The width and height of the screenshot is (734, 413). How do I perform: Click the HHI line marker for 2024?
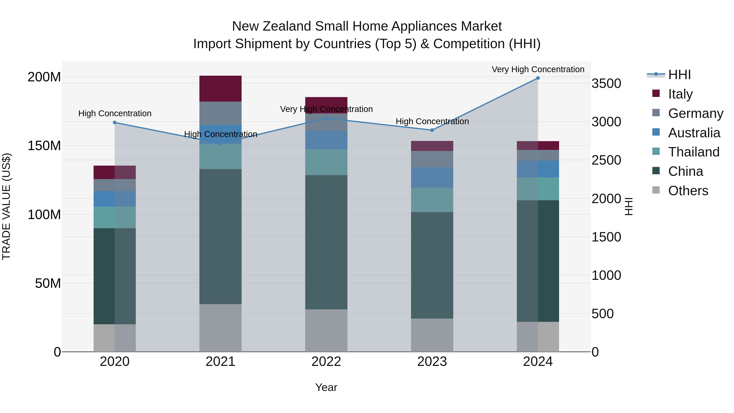[x=538, y=78]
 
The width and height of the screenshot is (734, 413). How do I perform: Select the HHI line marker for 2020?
[x=115, y=123]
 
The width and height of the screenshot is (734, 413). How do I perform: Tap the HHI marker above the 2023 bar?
[x=432, y=130]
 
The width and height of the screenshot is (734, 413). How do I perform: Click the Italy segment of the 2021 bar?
[x=220, y=89]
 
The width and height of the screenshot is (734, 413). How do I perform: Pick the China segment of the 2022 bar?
[x=326, y=242]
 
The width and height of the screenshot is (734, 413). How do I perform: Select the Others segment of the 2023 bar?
[x=432, y=335]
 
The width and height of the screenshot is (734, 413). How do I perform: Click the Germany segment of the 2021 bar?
[x=220, y=113]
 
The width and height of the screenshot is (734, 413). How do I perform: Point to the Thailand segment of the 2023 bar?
[x=432, y=200]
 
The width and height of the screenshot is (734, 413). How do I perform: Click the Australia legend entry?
[x=694, y=133]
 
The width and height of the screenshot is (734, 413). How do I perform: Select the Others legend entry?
[x=688, y=191]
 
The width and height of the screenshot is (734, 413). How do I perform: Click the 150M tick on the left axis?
[x=44, y=146]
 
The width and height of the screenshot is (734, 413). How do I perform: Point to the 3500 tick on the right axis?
[x=606, y=84]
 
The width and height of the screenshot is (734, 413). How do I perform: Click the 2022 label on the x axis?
[x=326, y=362]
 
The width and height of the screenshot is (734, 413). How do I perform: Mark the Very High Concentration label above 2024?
[x=538, y=69]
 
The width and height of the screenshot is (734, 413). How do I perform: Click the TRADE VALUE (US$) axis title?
[x=6, y=206]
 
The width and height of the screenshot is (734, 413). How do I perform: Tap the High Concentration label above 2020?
[x=115, y=113]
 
